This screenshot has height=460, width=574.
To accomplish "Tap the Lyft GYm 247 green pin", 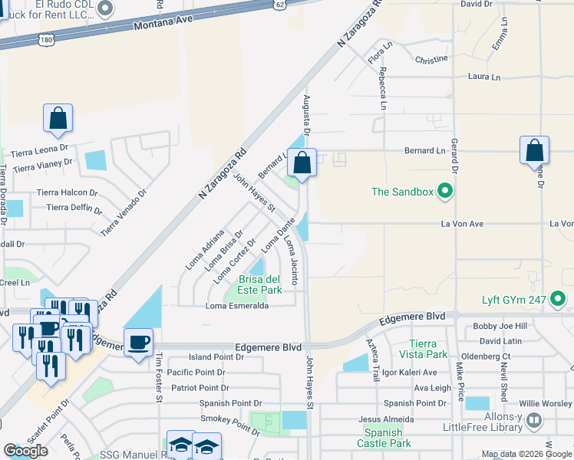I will [x=559, y=299].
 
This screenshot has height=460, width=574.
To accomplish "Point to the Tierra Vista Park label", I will [x=428, y=349].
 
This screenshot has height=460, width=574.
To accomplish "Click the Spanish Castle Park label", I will [x=383, y=438].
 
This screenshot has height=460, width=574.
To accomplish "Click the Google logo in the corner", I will [x=25, y=450].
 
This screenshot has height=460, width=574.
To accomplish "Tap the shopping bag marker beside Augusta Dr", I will [x=302, y=163].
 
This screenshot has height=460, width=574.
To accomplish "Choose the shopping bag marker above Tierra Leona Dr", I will [x=58, y=119].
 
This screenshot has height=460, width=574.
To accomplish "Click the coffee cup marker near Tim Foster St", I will [x=138, y=342].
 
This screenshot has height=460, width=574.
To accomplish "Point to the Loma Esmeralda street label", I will [x=236, y=306].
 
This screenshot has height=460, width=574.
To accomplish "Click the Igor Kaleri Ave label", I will [x=410, y=373].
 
